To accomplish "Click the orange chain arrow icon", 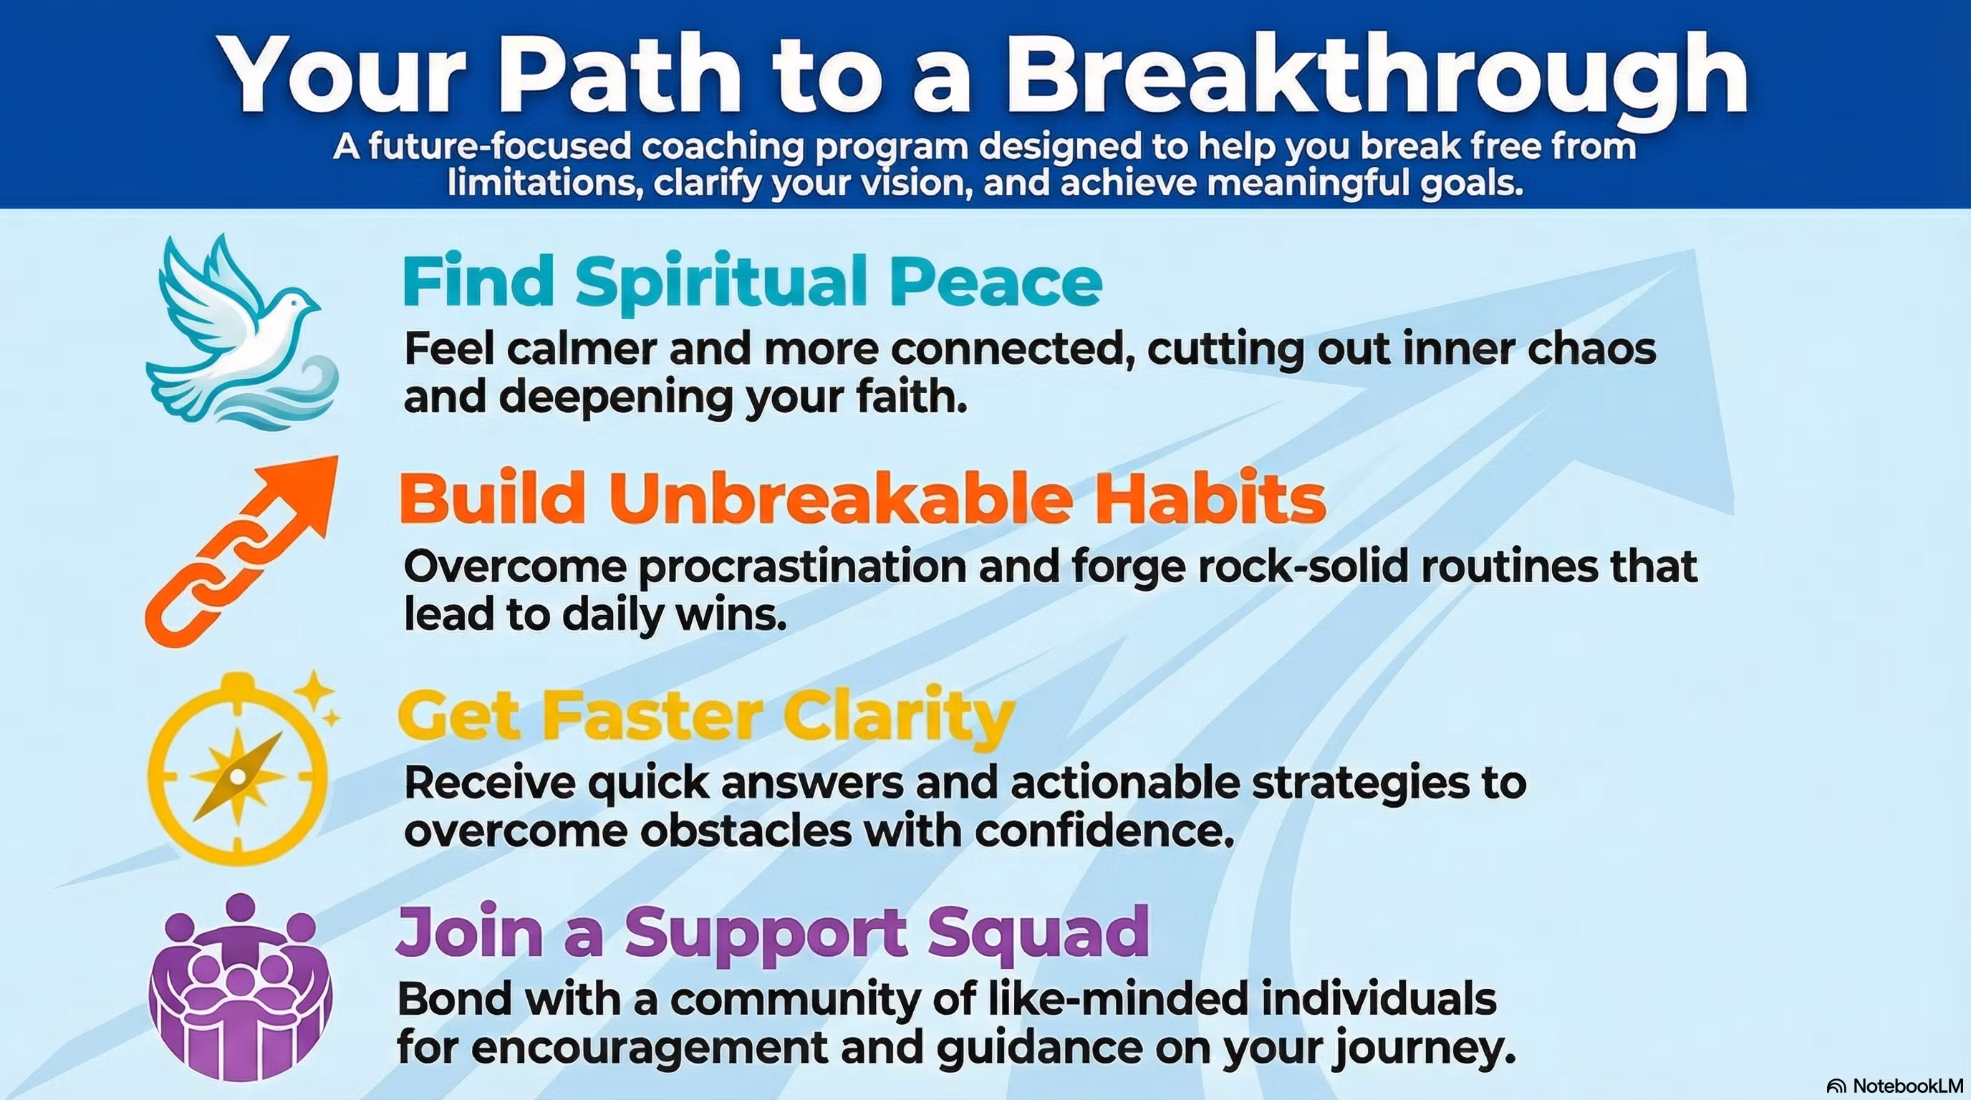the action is pyautogui.click(x=241, y=551).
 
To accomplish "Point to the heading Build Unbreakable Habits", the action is pyautogui.click(x=862, y=498).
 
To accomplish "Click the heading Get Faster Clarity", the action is pyautogui.click(x=706, y=718).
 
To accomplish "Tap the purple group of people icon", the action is pyautogui.click(x=240, y=987).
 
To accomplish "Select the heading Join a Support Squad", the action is pyautogui.click(x=773, y=934).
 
